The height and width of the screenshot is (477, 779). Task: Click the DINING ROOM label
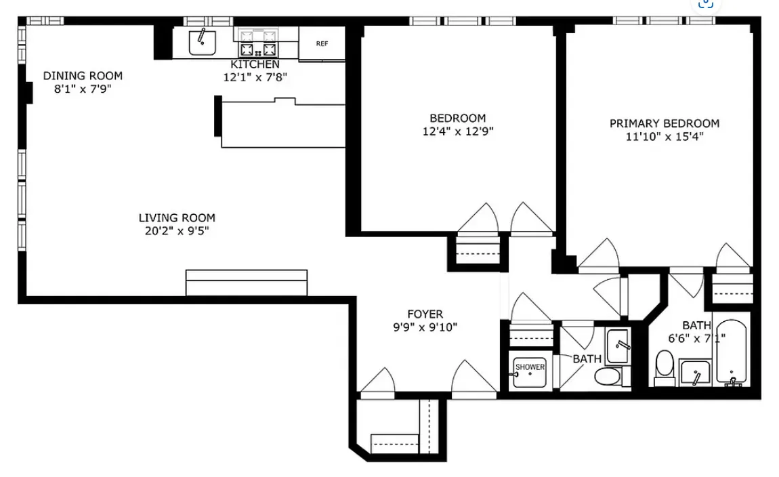(83, 76)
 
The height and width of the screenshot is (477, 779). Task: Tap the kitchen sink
(202, 43)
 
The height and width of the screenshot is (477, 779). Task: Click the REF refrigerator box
(322, 44)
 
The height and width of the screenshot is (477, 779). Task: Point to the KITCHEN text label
(255, 64)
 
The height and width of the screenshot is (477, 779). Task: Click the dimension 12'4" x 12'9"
(457, 131)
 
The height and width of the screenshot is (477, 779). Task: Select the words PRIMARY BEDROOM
(664, 123)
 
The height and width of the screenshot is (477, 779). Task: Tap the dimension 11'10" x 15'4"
(664, 137)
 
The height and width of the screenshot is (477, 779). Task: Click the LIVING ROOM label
(177, 218)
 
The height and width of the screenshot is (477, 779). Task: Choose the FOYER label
(425, 314)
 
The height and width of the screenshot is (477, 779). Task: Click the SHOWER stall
(529, 372)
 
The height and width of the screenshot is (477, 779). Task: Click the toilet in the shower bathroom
(608, 376)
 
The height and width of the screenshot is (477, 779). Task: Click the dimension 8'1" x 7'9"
(83, 89)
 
